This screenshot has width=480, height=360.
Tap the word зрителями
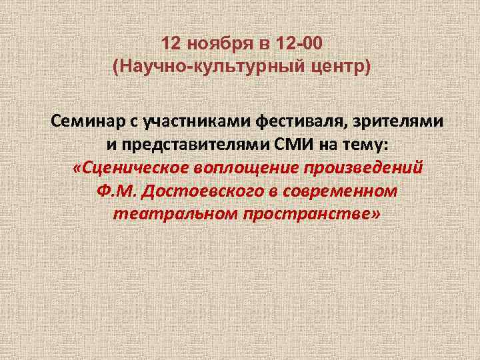coord(397,121)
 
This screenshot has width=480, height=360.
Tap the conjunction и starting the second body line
coord(110,145)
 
